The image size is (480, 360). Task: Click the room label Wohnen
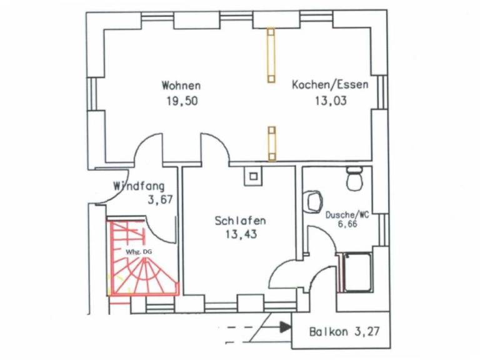[x=181, y=85]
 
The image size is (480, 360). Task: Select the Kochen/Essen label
[x=330, y=85]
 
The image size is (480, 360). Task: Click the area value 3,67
[x=159, y=200]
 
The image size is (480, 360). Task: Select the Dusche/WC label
[x=347, y=214]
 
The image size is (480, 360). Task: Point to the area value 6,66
[x=348, y=224]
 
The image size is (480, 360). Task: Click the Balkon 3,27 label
[x=342, y=332]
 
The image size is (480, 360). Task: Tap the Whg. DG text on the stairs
[x=138, y=251]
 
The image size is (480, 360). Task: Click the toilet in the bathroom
[x=354, y=179]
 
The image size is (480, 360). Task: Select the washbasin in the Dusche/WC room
[x=312, y=201]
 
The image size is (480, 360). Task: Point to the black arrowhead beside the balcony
[x=286, y=326]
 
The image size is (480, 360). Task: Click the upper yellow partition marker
[x=271, y=55]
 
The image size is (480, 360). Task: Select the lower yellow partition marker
[x=272, y=142]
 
